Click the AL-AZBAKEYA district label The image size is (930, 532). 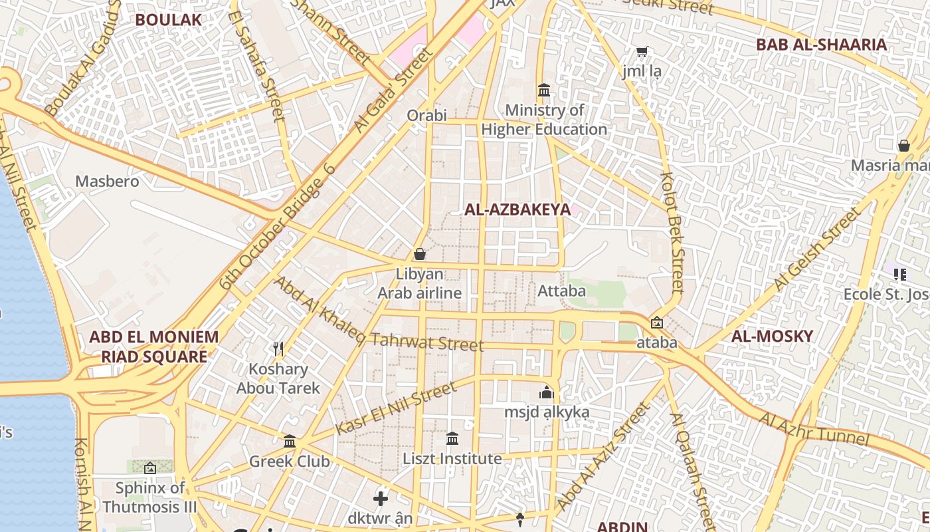coord(517,209)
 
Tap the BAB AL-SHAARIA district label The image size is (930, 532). coord(822,45)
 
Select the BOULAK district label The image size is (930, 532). coord(168,19)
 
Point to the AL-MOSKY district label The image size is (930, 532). coord(772,336)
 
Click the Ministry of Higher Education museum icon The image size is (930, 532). coord(544,90)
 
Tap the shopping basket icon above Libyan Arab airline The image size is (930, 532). coord(419,254)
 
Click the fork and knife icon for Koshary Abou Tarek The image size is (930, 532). coord(278,348)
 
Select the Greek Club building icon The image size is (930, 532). coord(290,441)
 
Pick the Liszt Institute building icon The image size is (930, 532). coord(452,438)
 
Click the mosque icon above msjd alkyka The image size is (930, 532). coord(547,392)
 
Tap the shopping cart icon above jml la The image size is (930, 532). coord(642,51)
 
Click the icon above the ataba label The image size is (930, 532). coord(656,323)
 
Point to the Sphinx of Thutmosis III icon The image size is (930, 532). coord(149,468)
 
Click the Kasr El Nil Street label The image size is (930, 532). coord(396,408)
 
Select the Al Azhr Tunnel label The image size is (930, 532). coord(814,429)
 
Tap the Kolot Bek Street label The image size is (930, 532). coord(672,233)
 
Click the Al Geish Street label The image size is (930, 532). coord(816,250)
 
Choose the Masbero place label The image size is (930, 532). coord(107,181)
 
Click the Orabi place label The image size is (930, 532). coord(426,115)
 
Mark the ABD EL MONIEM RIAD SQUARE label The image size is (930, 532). coord(153,346)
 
